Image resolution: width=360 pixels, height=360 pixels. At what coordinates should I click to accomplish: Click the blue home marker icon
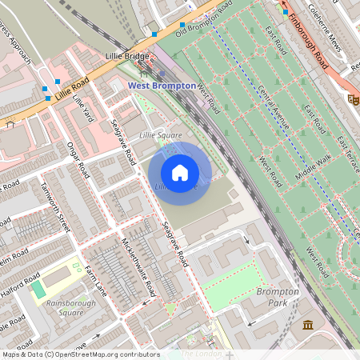[x=180, y=173]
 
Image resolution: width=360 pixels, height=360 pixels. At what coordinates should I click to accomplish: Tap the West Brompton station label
[x=162, y=85]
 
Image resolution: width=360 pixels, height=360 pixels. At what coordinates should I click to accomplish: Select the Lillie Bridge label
[x=127, y=58]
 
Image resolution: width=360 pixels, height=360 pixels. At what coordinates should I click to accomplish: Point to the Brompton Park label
[x=278, y=298]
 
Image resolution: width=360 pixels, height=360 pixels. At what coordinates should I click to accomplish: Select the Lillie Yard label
[x=83, y=106]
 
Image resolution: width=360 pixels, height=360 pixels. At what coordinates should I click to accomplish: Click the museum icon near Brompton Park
[x=308, y=324]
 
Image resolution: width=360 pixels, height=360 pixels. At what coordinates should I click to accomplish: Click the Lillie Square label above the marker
[x=161, y=136]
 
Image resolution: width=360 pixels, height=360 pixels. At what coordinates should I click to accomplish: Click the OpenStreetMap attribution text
[x=80, y=354]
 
